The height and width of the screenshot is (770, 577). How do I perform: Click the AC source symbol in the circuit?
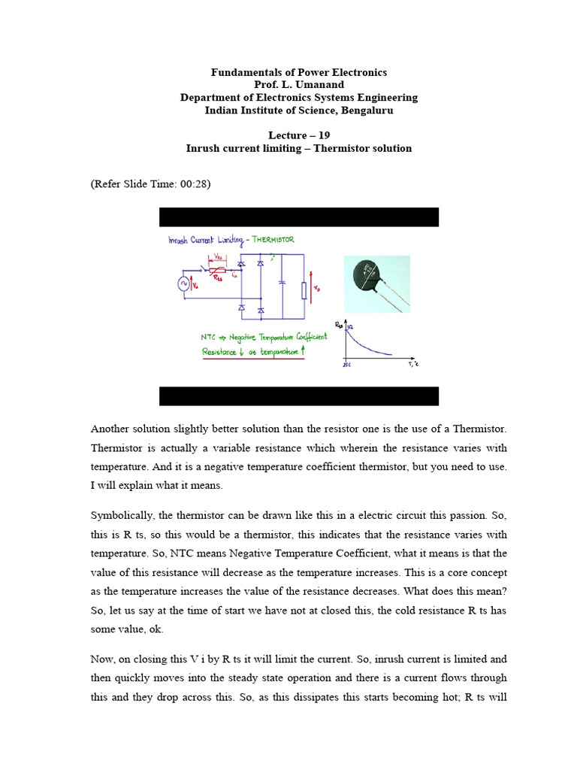point(183,283)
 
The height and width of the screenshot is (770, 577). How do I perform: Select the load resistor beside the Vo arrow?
point(304,290)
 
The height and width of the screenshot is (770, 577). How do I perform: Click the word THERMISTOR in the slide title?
point(273,240)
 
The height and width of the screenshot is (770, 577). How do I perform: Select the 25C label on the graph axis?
point(346,365)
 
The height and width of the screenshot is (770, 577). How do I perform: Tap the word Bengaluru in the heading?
point(367,111)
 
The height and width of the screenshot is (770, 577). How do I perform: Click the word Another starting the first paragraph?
point(110,429)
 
